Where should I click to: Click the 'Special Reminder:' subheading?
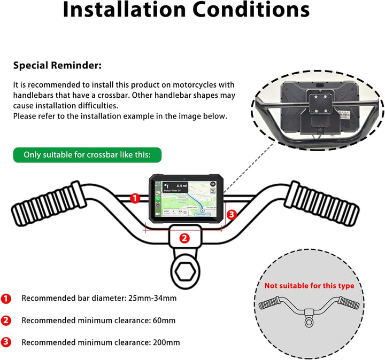pos(57,66)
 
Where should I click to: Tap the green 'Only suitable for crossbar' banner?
pos(87,155)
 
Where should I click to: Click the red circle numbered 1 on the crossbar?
pos(135,198)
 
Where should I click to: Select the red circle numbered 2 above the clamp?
pos(184,238)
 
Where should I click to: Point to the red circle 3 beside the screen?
pos(231,214)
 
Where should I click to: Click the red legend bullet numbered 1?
pos(6,298)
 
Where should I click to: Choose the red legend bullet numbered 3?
pos(6,342)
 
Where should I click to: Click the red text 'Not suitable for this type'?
pos(309,286)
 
